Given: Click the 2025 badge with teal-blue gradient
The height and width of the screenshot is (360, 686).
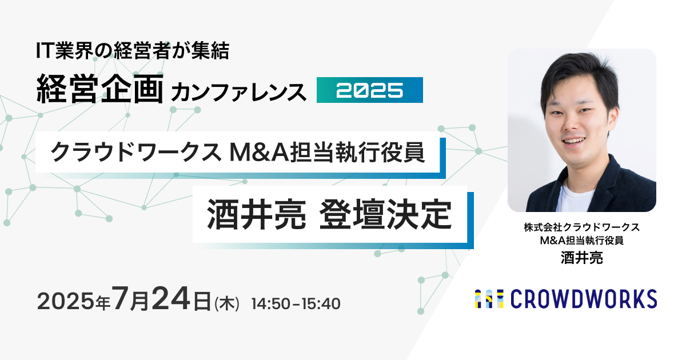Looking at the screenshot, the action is click(x=370, y=90).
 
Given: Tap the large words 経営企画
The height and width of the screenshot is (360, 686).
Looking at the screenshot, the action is click(x=100, y=89).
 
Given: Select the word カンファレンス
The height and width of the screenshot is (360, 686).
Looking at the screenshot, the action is click(x=238, y=92).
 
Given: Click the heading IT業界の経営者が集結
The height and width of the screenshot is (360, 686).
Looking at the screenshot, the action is click(x=133, y=50).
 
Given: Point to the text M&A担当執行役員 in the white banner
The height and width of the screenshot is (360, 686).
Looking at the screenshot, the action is click(x=327, y=152).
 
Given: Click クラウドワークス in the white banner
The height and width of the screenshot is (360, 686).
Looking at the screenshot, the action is click(x=136, y=152).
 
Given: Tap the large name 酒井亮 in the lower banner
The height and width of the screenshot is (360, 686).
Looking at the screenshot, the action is click(x=256, y=214).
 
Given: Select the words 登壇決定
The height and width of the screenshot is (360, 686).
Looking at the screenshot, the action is click(x=385, y=214).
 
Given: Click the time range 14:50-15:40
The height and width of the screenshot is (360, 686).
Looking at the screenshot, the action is click(x=296, y=303).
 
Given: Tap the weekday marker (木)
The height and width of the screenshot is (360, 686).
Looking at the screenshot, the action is click(x=227, y=303).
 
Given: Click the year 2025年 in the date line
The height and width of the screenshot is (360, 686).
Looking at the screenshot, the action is click(x=74, y=301).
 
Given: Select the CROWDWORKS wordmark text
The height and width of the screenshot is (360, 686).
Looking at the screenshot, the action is click(x=584, y=299).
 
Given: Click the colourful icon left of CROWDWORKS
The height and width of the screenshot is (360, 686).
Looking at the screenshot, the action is click(x=489, y=299).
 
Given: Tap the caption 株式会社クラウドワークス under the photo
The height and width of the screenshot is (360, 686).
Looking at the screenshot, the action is click(x=581, y=227).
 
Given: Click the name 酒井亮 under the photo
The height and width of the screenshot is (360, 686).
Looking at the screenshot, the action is click(x=581, y=258).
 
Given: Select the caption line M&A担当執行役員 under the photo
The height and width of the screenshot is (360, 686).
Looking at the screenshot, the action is click(x=581, y=241).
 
